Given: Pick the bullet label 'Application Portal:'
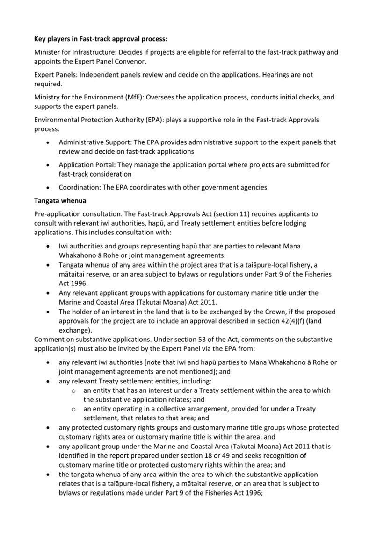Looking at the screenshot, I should pos(87,165).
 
